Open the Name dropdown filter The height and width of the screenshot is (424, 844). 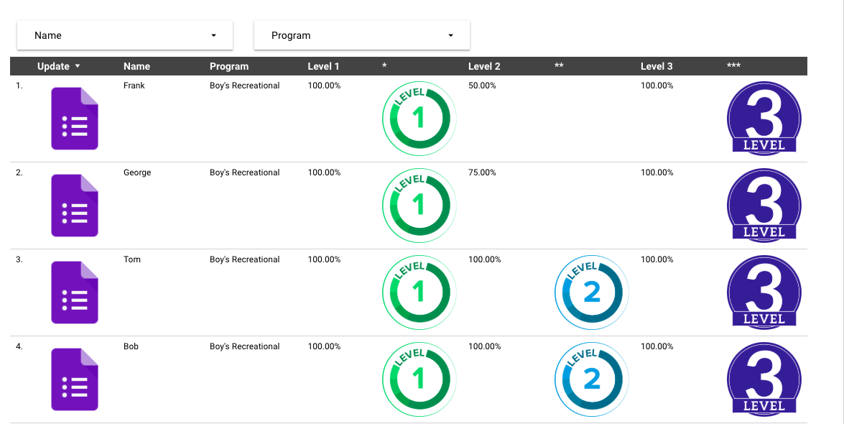click(x=125, y=35)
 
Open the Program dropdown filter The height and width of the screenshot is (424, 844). click(x=362, y=35)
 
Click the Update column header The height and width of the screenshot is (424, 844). click(x=54, y=66)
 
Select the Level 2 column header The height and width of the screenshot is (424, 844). click(x=484, y=66)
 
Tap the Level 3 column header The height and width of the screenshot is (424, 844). click(x=657, y=66)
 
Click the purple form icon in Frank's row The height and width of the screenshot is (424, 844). click(x=75, y=119)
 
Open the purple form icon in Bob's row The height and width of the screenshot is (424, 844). click(x=75, y=379)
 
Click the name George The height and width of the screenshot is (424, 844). click(x=137, y=172)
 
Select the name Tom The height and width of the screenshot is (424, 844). click(x=132, y=259)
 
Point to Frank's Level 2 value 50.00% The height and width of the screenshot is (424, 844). click(x=482, y=86)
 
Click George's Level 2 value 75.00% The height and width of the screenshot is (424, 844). click(x=482, y=172)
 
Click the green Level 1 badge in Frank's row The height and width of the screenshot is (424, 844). click(x=419, y=119)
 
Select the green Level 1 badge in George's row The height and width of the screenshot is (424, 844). click(x=419, y=206)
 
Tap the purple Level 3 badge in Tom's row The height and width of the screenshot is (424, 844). click(x=764, y=291)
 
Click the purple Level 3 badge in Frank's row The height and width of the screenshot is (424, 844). click(x=764, y=118)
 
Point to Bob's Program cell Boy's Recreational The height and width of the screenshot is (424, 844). click(x=244, y=346)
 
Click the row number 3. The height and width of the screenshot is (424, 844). click(x=19, y=259)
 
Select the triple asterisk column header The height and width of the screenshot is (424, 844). click(x=733, y=66)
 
